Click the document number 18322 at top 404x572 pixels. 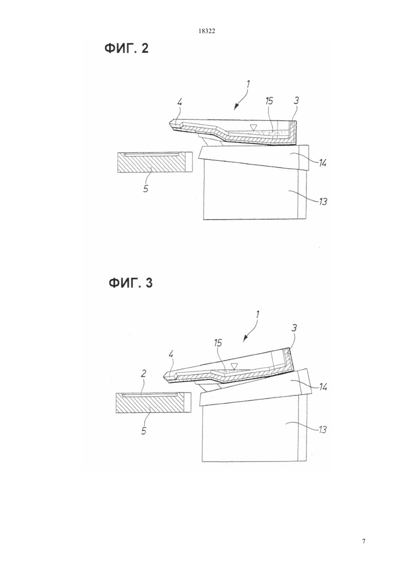(207, 31)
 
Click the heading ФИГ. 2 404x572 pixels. (126, 48)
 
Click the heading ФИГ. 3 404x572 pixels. (131, 283)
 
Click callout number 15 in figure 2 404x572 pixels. (269, 101)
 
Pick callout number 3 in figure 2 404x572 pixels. (296, 100)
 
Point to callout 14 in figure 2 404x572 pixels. (322, 162)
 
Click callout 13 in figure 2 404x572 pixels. (322, 201)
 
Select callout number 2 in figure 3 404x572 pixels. (144, 373)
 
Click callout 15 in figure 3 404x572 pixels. (218, 343)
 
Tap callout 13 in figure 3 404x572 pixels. (322, 430)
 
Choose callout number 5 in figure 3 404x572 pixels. (144, 430)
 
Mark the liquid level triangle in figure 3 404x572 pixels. (234, 366)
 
